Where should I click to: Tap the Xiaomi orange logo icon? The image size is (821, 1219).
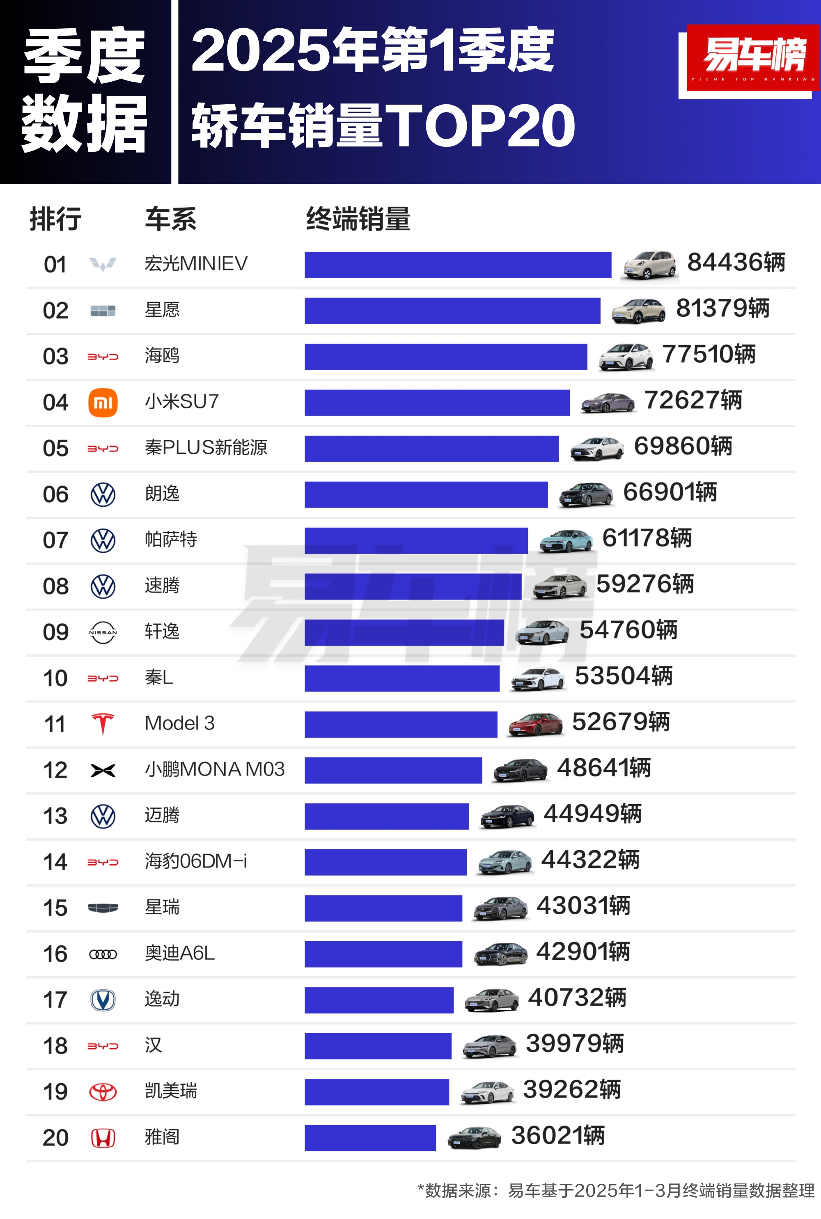(x=103, y=403)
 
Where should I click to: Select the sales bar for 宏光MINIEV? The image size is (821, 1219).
(x=458, y=265)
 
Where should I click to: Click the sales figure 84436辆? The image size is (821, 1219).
(x=736, y=262)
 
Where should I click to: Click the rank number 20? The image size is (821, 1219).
(x=55, y=1137)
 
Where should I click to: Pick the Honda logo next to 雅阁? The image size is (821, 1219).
(x=103, y=1138)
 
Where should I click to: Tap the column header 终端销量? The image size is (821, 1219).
(x=358, y=219)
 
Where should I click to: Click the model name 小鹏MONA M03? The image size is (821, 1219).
(x=215, y=769)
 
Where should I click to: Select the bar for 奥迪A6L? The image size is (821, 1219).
(x=383, y=954)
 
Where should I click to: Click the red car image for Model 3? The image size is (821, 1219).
(x=535, y=724)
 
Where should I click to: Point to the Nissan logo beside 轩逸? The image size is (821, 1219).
(x=103, y=632)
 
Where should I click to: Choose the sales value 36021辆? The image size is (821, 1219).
(x=557, y=1135)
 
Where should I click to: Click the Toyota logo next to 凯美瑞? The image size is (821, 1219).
(x=103, y=1092)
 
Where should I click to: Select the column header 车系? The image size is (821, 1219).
(x=171, y=219)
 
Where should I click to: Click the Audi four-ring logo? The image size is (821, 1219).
(x=103, y=954)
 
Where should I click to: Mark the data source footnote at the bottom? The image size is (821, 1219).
(x=616, y=1190)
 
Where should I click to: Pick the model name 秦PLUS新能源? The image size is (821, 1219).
(x=206, y=447)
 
